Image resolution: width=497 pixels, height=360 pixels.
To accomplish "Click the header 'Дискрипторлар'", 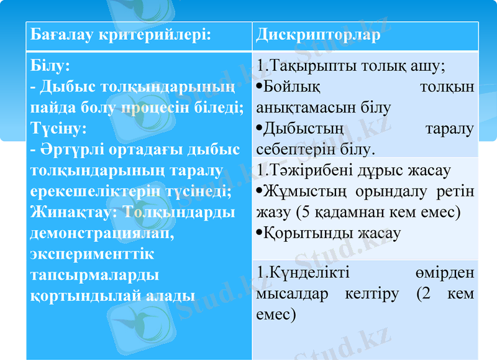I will point(317,35).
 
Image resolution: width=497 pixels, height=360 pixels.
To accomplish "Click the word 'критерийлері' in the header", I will point(154,35).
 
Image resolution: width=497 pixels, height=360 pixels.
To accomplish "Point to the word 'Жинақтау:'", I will point(75,213).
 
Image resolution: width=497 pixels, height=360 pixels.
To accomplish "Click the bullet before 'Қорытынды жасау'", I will point(259,234).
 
